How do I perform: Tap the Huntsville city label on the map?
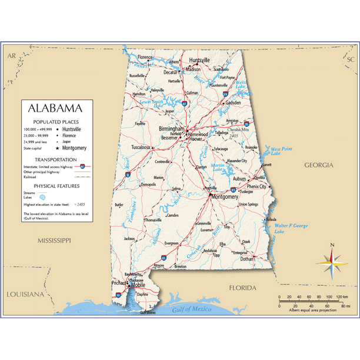pyautogui.click(x=199, y=61)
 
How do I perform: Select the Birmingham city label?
pyautogui.click(x=171, y=128)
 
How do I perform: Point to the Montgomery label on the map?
pyautogui.click(x=224, y=197)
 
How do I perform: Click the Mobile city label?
pyautogui.click(x=138, y=285)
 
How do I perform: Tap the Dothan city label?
pyautogui.click(x=247, y=258)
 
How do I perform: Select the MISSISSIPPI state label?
pyautogui.click(x=54, y=241)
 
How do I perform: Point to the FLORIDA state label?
pyautogui.click(x=243, y=288)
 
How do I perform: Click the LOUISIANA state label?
pyautogui.click(x=25, y=294)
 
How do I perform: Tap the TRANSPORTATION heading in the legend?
pyautogui.click(x=55, y=159)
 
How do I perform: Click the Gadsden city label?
pyautogui.click(x=233, y=102)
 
